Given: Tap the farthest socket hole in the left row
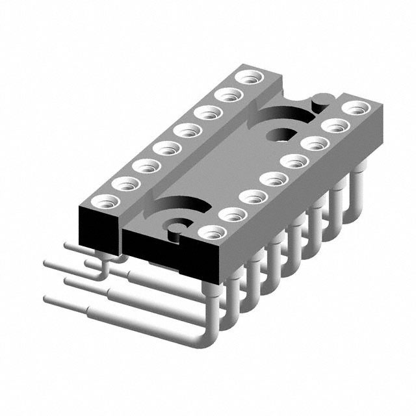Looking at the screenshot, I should tap(248, 77).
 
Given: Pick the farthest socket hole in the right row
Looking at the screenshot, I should tap(354, 107).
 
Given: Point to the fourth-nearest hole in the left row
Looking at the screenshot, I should tap(166, 148).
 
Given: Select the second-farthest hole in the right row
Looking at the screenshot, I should tap(334, 125).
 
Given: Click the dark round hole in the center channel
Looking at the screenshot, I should tap(280, 135).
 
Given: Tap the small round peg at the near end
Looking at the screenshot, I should tap(174, 227).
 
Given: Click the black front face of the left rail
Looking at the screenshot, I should tap(97, 227).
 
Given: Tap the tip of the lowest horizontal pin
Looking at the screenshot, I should tap(47, 300).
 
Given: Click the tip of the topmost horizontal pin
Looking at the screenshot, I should tap(68, 246).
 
